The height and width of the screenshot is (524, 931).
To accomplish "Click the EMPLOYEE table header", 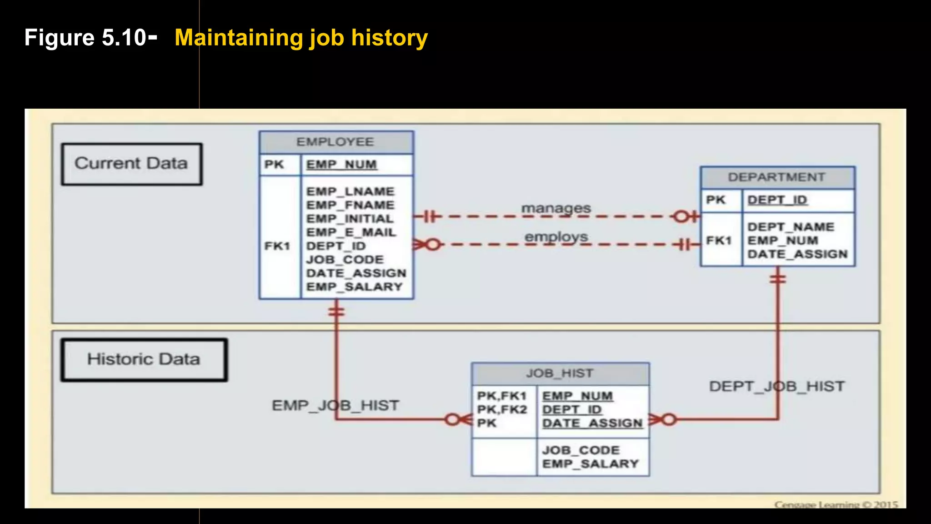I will pyautogui.click(x=335, y=142).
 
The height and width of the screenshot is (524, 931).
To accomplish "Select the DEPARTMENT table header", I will pyautogui.click(x=776, y=177).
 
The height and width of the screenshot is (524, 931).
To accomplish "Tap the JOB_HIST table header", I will pyautogui.click(x=560, y=373).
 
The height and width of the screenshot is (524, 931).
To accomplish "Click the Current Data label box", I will pyautogui.click(x=131, y=164).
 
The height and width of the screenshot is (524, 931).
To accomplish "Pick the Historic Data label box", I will pyautogui.click(x=144, y=359).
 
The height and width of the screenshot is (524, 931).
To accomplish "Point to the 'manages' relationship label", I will pyautogui.click(x=556, y=208).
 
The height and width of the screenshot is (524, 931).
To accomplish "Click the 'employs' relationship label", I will pyautogui.click(x=556, y=237).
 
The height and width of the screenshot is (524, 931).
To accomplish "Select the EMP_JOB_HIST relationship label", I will pyautogui.click(x=335, y=405).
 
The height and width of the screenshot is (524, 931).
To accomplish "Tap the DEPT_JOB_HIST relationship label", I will pyautogui.click(x=776, y=387).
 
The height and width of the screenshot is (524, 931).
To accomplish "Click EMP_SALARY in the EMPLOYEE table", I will pyautogui.click(x=354, y=287).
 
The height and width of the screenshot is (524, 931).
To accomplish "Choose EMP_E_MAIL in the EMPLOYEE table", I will pyautogui.click(x=351, y=232).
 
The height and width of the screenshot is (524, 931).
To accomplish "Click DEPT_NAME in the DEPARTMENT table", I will pyautogui.click(x=791, y=227).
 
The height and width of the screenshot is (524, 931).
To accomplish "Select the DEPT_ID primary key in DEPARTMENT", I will pyautogui.click(x=777, y=200).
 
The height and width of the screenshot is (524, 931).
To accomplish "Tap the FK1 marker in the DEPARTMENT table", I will pyautogui.click(x=719, y=241).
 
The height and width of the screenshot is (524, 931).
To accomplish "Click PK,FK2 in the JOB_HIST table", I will pyautogui.click(x=502, y=410).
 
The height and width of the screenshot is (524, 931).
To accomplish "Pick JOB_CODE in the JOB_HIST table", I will pyautogui.click(x=581, y=450).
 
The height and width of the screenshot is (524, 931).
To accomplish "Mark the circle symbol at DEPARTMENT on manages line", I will pyautogui.click(x=681, y=217).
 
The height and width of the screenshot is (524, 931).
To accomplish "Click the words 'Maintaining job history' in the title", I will pyautogui.click(x=301, y=38).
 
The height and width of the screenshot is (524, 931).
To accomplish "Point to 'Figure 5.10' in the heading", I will pyautogui.click(x=85, y=38).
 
